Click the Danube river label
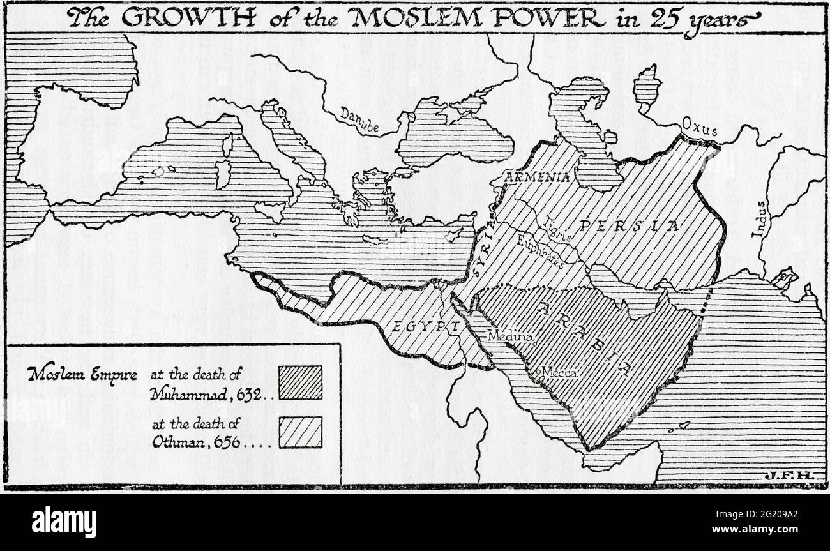coord(359,121)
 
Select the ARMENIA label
coord(538,177)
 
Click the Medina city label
coord(506,335)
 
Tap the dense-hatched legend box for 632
coord(300,382)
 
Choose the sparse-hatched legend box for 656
coord(300,432)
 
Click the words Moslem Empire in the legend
coord(82,375)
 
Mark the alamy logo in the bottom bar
coord(64,522)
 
